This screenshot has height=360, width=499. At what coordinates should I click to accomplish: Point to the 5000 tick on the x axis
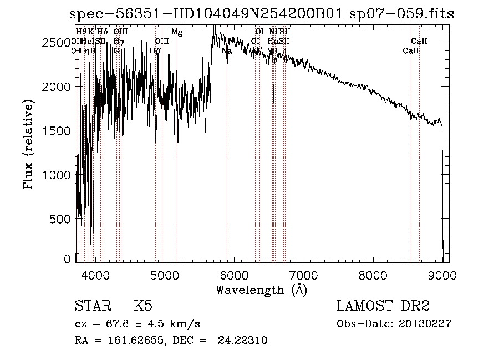(164, 275)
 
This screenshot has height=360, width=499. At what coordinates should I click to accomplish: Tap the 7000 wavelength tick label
(303, 275)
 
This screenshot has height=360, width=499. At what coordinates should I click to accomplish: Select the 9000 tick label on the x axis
(442, 275)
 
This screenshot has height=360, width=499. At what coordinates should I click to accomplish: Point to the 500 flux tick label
(63, 219)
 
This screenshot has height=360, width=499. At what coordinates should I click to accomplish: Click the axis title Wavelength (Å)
(261, 290)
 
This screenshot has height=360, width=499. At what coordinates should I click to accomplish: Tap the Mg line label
(177, 33)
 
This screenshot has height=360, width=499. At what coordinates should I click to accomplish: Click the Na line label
(226, 51)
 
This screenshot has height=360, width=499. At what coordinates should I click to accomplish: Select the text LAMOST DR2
(383, 307)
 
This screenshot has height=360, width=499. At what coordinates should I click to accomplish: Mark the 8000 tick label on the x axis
(373, 275)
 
